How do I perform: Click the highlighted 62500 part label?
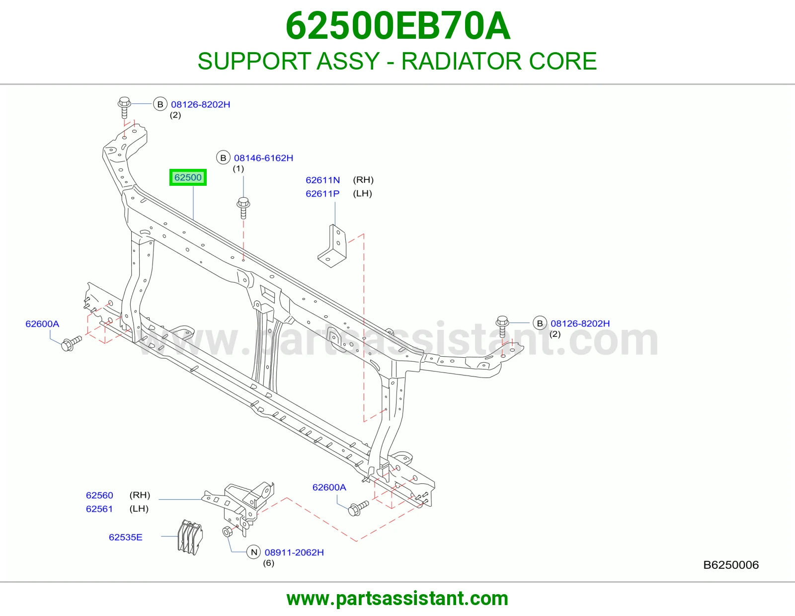click(x=188, y=177)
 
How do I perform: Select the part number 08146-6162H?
click(x=263, y=158)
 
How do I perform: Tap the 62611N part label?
click(x=322, y=180)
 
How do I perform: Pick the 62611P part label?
click(x=322, y=194)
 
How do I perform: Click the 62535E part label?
click(x=126, y=537)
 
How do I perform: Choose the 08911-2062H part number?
click(x=294, y=552)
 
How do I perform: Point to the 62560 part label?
click(x=99, y=495)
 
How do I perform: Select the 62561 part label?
click(x=99, y=509)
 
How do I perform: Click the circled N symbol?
click(x=254, y=552)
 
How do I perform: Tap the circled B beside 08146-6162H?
click(x=223, y=158)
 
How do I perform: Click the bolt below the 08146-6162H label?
click(x=243, y=208)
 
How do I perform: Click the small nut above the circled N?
click(x=227, y=532)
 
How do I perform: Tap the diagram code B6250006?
click(x=730, y=565)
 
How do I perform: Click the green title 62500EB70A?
click(x=397, y=26)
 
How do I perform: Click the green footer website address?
click(x=397, y=599)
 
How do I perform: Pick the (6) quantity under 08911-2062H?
click(x=268, y=563)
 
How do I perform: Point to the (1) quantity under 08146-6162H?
click(x=238, y=168)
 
